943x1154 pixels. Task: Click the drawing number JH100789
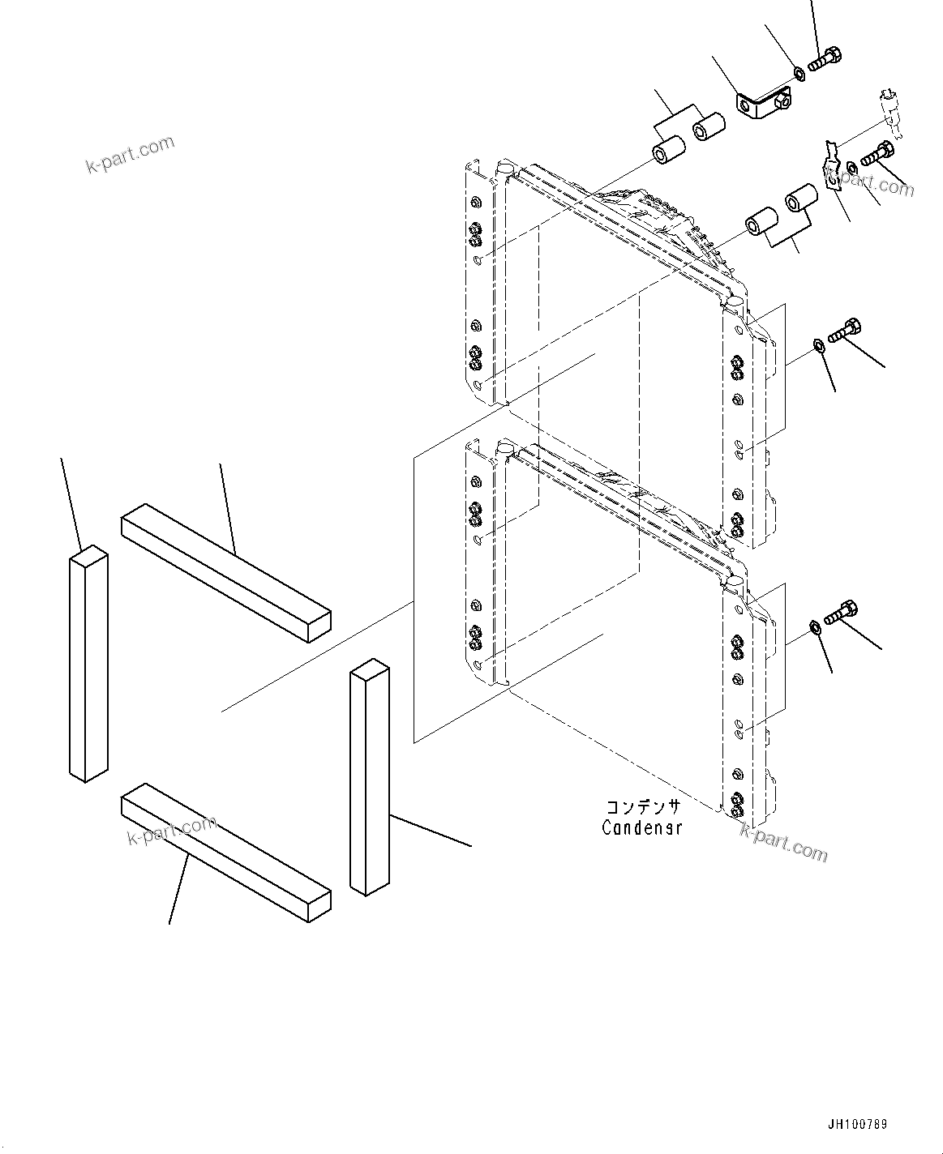(x=858, y=1125)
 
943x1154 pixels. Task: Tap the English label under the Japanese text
(x=641, y=827)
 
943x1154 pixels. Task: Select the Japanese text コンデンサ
(x=642, y=807)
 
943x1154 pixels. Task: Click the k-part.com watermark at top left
(x=130, y=155)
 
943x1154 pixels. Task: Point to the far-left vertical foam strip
(x=88, y=663)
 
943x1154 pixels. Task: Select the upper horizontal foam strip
(x=225, y=572)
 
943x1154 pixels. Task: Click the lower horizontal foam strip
(x=225, y=853)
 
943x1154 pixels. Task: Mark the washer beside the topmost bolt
(x=799, y=75)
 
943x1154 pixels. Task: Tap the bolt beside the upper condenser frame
(x=844, y=329)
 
